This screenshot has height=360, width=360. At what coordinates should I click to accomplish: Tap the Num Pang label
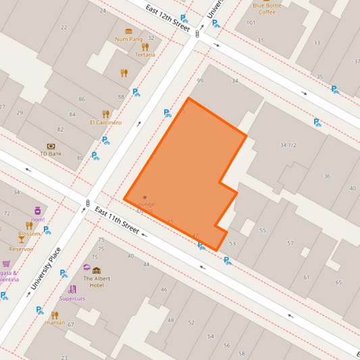[128, 39]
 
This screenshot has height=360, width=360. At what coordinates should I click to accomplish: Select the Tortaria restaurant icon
[145, 47]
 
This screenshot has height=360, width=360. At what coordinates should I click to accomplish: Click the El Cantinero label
[105, 123]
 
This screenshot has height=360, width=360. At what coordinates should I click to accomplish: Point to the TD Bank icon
[51, 146]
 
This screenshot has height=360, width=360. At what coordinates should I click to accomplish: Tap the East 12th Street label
[168, 16]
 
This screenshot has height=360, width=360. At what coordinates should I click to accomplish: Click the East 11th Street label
[117, 221]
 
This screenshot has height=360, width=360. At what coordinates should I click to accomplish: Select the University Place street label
[45, 269]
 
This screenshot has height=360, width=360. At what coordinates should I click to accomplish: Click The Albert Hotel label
[96, 282]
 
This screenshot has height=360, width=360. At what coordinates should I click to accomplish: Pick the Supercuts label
[72, 298]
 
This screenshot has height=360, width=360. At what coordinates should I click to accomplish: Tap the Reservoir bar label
[22, 249]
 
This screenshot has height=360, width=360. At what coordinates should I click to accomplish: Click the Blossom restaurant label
[30, 234]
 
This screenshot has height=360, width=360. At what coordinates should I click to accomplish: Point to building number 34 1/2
[288, 145]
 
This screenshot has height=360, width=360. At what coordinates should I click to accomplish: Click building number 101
[251, 23]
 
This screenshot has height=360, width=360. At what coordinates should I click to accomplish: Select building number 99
[199, 81]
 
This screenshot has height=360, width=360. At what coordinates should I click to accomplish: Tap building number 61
[306, 277]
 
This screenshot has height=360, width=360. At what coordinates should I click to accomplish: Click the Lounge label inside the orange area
[145, 204]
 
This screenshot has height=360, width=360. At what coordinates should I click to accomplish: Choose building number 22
[64, 28]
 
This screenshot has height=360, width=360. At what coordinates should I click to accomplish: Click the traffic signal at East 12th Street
[197, 33]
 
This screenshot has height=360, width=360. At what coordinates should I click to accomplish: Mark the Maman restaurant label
[55, 323]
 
